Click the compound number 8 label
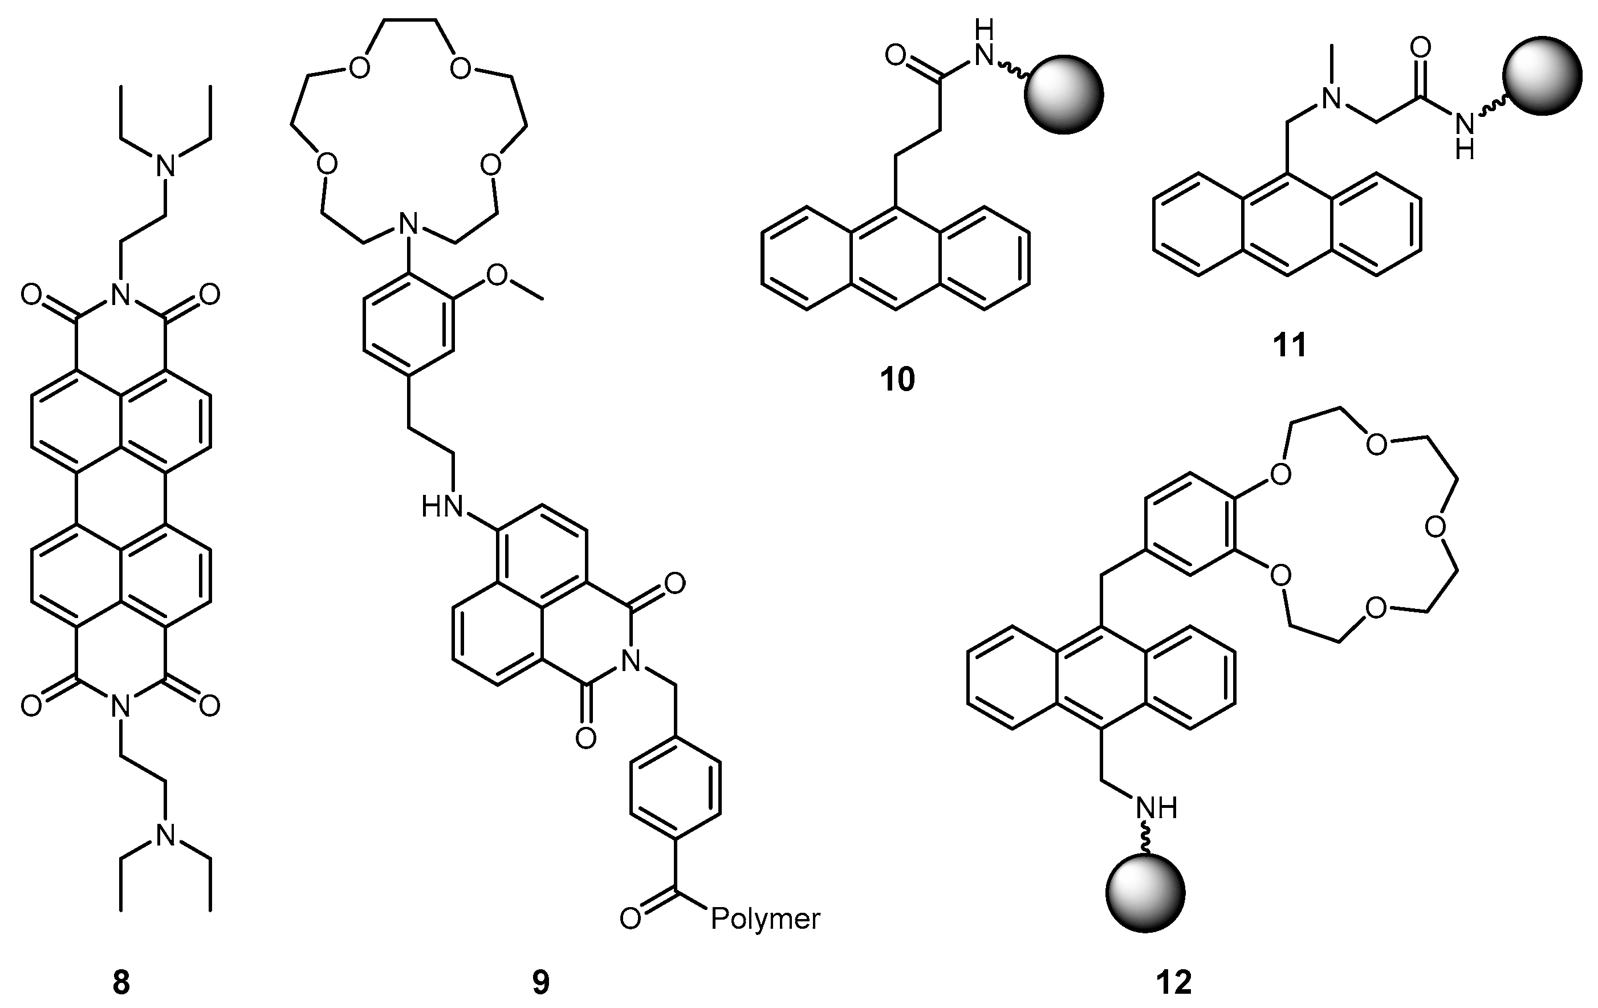point(121,983)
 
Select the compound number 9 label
point(541,983)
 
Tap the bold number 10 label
point(897,380)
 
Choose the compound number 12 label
point(1174,983)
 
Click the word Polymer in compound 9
point(765,919)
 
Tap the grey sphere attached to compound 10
point(1064,94)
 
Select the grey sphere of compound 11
point(1542,75)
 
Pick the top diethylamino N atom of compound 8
point(165,166)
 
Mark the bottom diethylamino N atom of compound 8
point(165,835)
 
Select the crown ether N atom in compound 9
point(409,223)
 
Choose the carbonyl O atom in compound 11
point(1421,47)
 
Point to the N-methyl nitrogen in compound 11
point(1331,100)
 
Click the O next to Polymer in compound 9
point(631,919)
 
